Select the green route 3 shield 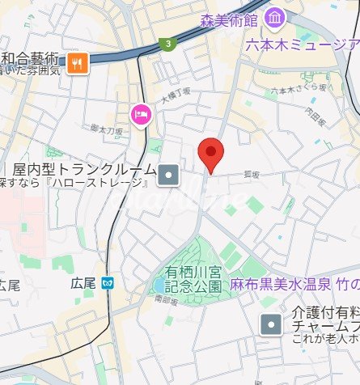coord(167,44)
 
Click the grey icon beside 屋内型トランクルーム coord(169,172)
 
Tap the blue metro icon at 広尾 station coord(108,283)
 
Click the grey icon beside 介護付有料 coord(270,325)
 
